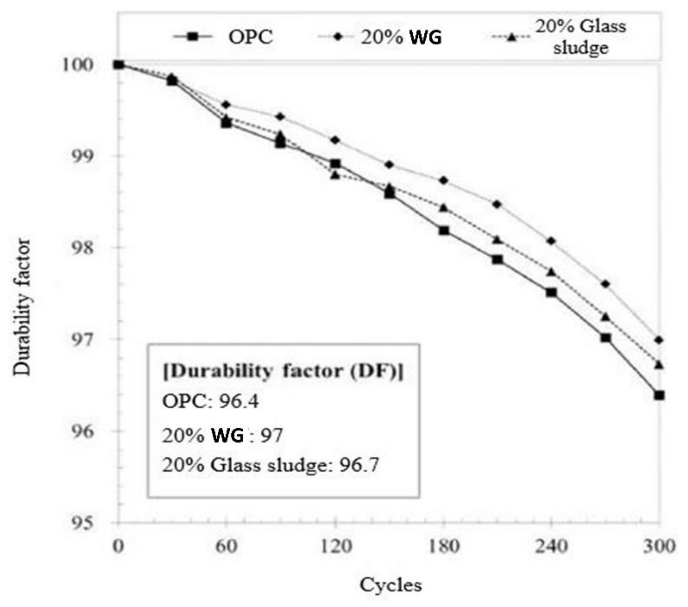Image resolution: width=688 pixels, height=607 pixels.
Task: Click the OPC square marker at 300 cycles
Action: tap(659, 395)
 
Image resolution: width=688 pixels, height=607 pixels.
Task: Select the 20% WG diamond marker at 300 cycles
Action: tap(659, 340)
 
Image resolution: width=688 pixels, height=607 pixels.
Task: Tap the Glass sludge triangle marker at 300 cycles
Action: tap(659, 364)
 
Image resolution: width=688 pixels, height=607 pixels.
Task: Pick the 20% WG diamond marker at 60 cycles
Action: tap(226, 105)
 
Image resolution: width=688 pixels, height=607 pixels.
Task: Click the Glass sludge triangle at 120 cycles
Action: tap(335, 175)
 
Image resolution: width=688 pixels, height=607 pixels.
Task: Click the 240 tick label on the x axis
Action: tap(551, 546)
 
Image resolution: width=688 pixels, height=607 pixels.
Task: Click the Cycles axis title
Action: tap(390, 585)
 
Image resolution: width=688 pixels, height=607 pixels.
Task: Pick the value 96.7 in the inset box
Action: tap(359, 465)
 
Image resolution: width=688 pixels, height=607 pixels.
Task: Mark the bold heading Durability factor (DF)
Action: tap(283, 372)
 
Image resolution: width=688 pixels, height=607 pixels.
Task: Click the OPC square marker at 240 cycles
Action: tap(551, 292)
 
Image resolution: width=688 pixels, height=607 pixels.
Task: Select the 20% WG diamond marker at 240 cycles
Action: tap(551, 241)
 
